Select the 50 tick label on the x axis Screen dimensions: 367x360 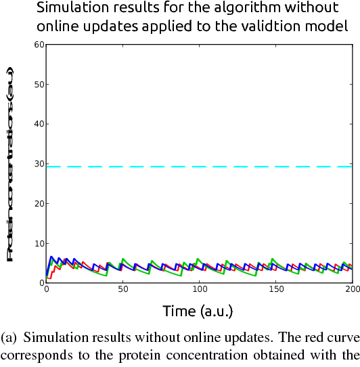point(122,290)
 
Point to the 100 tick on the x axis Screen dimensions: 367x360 point(199,290)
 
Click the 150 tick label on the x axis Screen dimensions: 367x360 point(275,290)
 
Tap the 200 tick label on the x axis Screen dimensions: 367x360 point(351,290)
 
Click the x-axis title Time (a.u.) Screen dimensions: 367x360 point(198,311)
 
